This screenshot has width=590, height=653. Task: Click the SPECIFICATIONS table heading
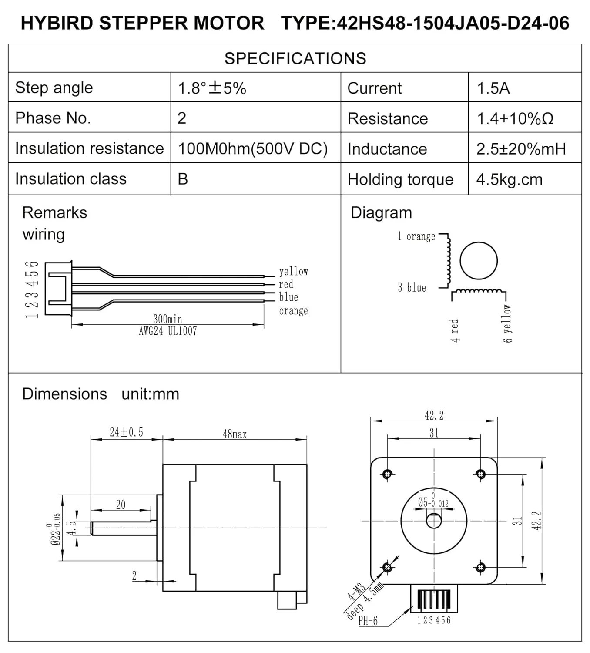(x=295, y=58)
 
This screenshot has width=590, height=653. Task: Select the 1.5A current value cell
(x=493, y=88)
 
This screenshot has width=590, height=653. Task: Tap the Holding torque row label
(x=400, y=179)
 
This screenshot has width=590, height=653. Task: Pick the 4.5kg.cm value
(x=509, y=179)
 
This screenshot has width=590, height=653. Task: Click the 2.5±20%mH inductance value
(x=521, y=149)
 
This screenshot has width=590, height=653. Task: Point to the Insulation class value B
(x=183, y=179)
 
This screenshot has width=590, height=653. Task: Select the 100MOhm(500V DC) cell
(x=252, y=149)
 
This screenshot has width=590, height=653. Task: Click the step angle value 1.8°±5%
(x=212, y=88)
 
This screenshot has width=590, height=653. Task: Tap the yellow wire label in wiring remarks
(x=293, y=272)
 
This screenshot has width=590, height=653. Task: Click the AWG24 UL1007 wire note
(x=168, y=331)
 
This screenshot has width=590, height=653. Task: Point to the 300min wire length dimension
(x=168, y=319)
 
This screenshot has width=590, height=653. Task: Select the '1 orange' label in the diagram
(x=416, y=236)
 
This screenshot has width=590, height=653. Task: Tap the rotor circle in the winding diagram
(x=478, y=261)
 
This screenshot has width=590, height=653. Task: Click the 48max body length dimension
(x=235, y=434)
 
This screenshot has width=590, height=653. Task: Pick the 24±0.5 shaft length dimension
(x=126, y=432)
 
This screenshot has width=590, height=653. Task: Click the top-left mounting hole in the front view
(x=387, y=474)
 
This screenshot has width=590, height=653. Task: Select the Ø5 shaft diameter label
(x=432, y=502)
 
